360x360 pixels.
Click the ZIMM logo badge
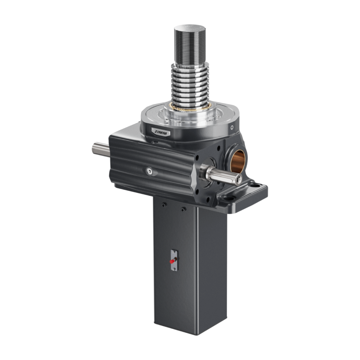(x=161, y=132)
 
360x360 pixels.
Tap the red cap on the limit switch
(x=172, y=261)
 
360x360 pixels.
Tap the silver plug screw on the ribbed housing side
(x=150, y=171)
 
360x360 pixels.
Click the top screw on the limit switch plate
(x=173, y=252)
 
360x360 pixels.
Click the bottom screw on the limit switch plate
(x=174, y=269)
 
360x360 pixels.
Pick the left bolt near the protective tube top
(x=163, y=205)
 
